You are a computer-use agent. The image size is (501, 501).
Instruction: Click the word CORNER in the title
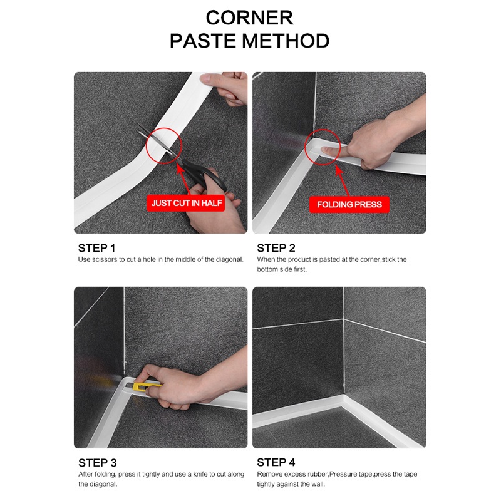tap(250, 18)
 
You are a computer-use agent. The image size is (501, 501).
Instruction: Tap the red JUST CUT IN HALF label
tap(186, 204)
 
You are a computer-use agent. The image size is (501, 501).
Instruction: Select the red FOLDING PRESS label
tap(349, 204)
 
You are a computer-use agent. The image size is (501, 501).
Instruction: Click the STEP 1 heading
tap(97, 248)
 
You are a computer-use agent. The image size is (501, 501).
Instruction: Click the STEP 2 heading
tap(276, 248)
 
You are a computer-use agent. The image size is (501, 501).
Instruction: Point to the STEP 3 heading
tap(97, 463)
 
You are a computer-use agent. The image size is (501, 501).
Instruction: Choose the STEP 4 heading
tap(276, 463)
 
